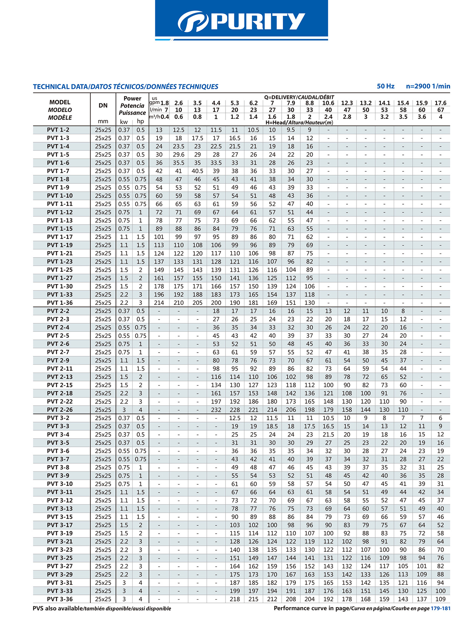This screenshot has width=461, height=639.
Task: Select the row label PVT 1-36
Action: [x=60, y=303]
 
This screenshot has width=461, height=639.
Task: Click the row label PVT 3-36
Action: [x=60, y=599]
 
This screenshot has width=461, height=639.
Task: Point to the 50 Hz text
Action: [x=385, y=86]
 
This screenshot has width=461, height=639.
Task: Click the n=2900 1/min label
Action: [x=428, y=86]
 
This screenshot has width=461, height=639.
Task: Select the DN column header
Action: [x=103, y=105]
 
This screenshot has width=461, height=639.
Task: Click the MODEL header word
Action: [x=60, y=102]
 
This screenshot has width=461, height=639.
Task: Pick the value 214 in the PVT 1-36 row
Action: [x=159, y=303]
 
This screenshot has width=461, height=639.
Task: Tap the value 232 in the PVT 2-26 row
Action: [x=216, y=410]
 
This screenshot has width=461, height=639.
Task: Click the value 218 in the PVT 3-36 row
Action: [x=235, y=599]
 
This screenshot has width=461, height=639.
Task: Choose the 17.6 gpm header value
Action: [x=440, y=103]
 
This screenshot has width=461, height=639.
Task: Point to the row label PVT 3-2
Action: [x=58, y=418]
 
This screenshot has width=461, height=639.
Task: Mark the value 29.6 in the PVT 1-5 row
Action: [x=178, y=155]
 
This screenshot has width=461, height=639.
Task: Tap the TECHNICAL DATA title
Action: [x=60, y=87]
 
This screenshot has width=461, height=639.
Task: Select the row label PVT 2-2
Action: [x=58, y=311]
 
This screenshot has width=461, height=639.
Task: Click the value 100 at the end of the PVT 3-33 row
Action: [x=440, y=591]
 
